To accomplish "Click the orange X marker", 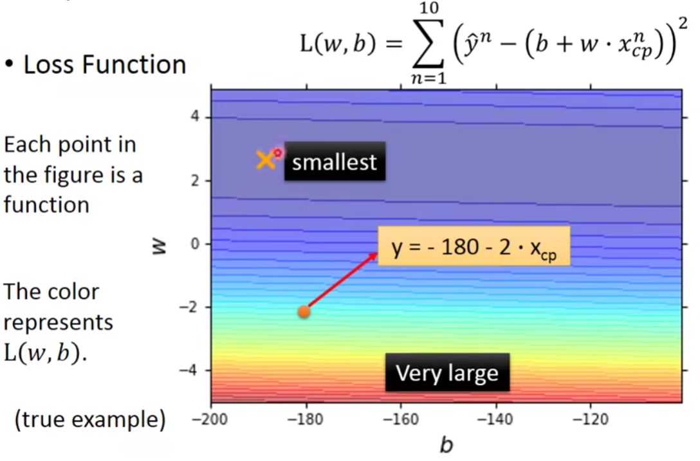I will (264, 160).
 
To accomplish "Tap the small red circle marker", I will (277, 153).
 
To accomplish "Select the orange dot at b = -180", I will (304, 312).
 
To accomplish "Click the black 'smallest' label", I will (334, 161).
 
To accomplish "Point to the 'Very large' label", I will (447, 372).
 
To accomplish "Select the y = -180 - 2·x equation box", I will (474, 246).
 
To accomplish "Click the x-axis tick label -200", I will (211, 420).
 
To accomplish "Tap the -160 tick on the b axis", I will (401, 420).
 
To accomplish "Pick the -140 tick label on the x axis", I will (495, 420).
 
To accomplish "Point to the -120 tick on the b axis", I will (590, 420).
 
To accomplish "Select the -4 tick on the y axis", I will (189, 370).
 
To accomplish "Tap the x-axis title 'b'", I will (446, 444).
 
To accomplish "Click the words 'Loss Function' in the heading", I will (104, 65).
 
